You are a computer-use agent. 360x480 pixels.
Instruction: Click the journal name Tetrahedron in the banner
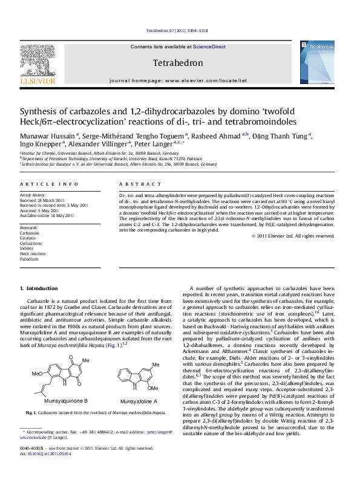[x=179, y=63]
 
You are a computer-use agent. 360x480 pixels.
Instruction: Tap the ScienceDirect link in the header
[x=209, y=47]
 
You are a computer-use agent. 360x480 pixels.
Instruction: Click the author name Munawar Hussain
[x=47, y=136]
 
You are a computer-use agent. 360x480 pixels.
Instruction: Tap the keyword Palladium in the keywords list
[x=29, y=259]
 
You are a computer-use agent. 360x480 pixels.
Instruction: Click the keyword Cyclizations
[x=31, y=243]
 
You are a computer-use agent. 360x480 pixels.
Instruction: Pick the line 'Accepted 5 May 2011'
[x=42, y=210]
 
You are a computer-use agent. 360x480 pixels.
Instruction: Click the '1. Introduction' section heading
[x=39, y=288]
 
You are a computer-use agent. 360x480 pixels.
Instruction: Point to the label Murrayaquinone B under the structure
[x=66, y=400]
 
